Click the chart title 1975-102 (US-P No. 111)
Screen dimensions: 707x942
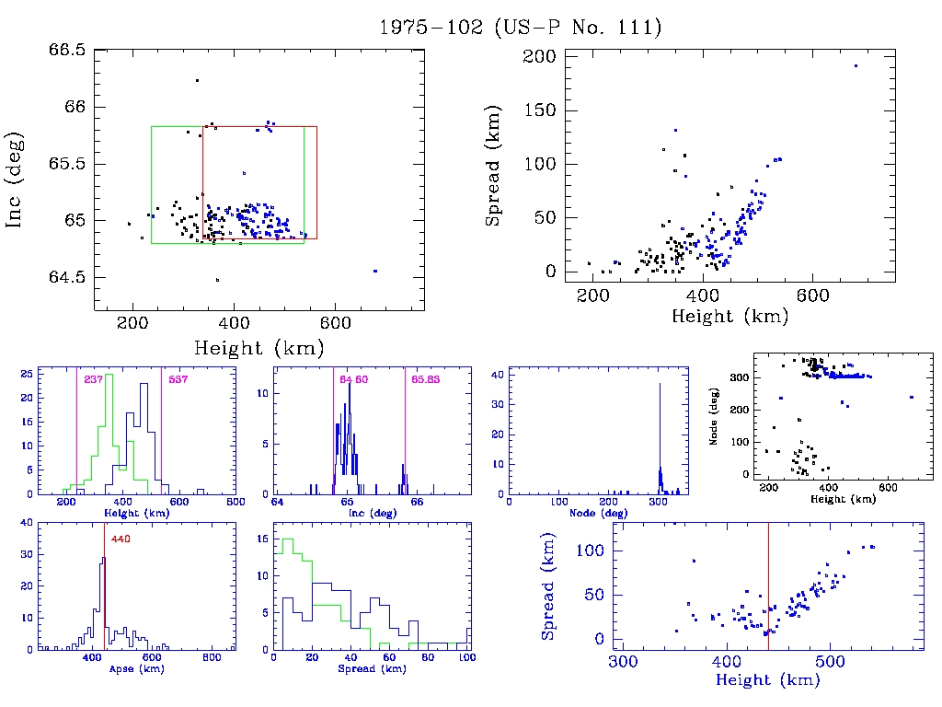click(x=521, y=28)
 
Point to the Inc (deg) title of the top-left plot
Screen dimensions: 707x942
click(x=16, y=180)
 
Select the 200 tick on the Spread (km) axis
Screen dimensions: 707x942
click(x=542, y=57)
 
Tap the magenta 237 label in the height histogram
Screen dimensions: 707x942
click(x=93, y=379)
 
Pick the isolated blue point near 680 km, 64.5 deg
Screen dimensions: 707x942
click(x=375, y=271)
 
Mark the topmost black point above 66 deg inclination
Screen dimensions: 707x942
click(x=197, y=81)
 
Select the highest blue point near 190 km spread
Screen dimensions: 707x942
click(x=856, y=65)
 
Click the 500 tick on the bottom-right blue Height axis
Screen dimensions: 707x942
click(x=831, y=661)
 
